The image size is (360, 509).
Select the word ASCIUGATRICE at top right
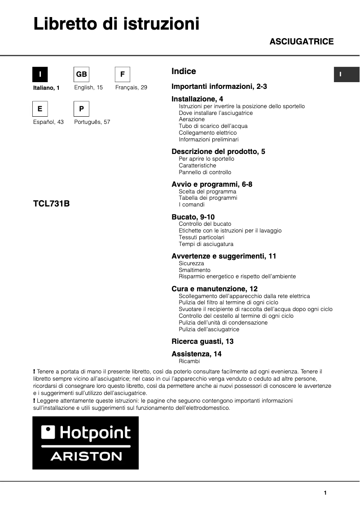pos(301,42)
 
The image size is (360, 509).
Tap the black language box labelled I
pos(40,75)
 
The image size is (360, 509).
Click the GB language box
pos(81,75)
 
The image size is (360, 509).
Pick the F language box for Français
pos(123,75)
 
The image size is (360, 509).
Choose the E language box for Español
pos(40,109)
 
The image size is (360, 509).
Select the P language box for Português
pos(81,109)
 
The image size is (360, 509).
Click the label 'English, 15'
pos(88,88)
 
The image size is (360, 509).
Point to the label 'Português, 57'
pos(92,122)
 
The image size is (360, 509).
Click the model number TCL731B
pos(52,203)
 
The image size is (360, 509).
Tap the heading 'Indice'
pos(184,71)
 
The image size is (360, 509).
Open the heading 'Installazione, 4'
pos(197,99)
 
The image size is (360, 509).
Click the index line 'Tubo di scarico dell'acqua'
pos(213,126)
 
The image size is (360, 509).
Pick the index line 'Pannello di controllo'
pos(205,172)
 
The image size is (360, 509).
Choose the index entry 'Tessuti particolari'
pos(201,237)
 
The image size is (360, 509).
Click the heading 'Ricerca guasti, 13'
pos(202,341)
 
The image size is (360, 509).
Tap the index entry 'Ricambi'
pos(189,361)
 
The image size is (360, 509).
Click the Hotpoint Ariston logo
pos(85,443)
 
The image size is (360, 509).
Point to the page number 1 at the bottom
pos(325,493)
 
